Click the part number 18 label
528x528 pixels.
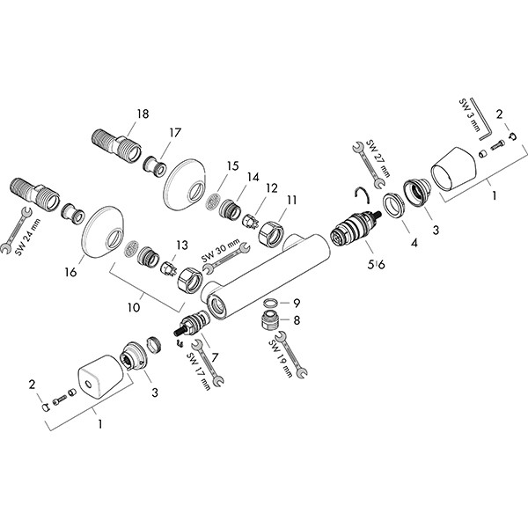pos(143,114)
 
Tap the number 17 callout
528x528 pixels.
pos(175,133)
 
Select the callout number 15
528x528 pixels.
pos(232,166)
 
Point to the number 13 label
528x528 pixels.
pos(182,246)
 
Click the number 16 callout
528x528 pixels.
pos(70,272)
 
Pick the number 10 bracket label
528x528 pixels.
pos(134,307)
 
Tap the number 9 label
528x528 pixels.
pos(297,304)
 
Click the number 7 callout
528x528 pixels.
pos(215,357)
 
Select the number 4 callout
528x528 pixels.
pos(414,243)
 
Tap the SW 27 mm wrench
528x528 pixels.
pos(369,164)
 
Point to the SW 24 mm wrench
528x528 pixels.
pos(16,230)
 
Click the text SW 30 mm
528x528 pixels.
pos(221,250)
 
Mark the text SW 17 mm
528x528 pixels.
pos(199,371)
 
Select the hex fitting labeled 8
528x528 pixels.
pos(269,319)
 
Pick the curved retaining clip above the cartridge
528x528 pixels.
pos(363,195)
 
